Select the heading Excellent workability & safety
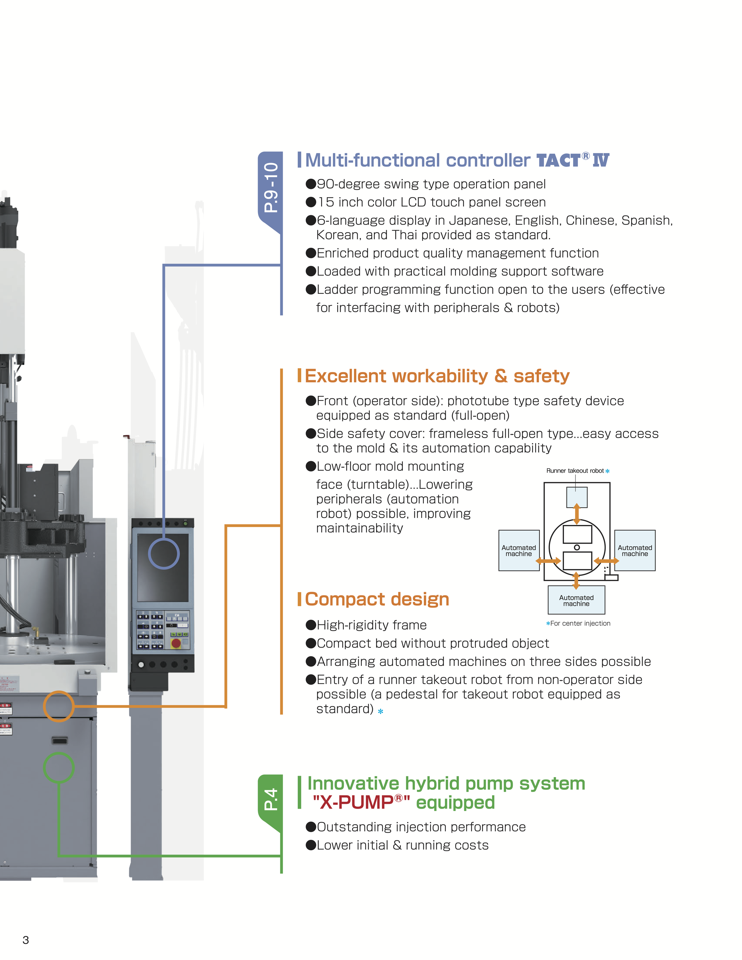(437, 376)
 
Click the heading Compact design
(377, 599)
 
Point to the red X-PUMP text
(361, 803)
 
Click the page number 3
(26, 940)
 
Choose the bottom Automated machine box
(576, 600)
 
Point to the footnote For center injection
(580, 623)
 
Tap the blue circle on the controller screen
(164, 553)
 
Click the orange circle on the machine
(58, 706)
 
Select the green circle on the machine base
(58, 767)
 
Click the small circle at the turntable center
(577, 547)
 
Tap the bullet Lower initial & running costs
(402, 845)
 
